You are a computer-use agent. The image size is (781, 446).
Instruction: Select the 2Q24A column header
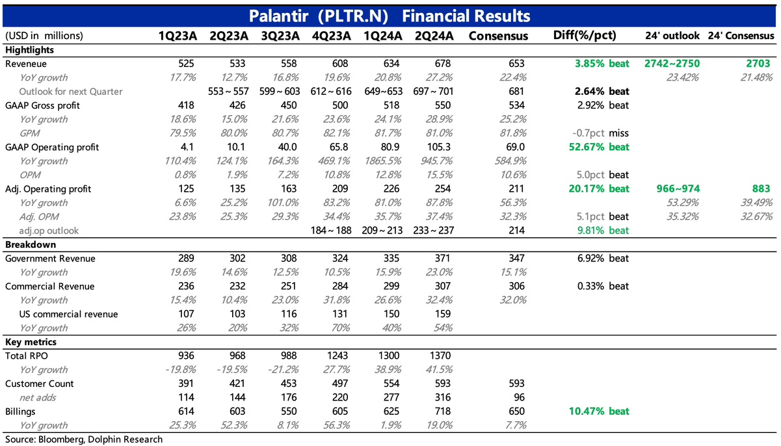tap(434, 36)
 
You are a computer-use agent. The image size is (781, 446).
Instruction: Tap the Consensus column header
tap(499, 36)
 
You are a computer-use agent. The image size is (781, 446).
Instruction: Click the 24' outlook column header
tap(672, 36)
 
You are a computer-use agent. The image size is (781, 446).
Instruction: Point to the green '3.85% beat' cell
tap(602, 64)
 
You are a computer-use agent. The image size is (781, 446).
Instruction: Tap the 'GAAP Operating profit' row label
tap(52, 147)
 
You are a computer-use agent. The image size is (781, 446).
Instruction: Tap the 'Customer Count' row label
tap(40, 384)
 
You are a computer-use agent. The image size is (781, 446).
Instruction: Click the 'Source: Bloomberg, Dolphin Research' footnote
tap(83, 439)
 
